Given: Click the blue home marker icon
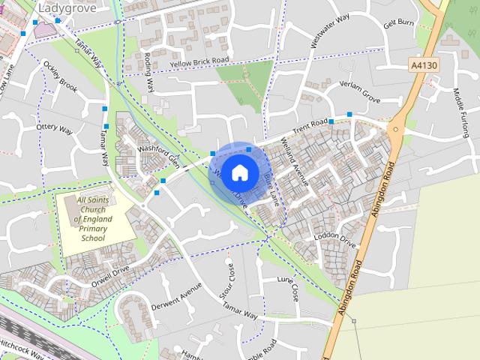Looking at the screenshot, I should (x=239, y=172).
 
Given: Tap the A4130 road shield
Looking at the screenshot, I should (x=424, y=66).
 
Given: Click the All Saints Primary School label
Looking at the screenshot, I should (x=94, y=219).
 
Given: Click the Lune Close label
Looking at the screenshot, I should (x=288, y=288).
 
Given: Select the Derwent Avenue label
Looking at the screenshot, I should (x=177, y=297).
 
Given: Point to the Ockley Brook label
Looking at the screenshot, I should (x=61, y=77).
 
